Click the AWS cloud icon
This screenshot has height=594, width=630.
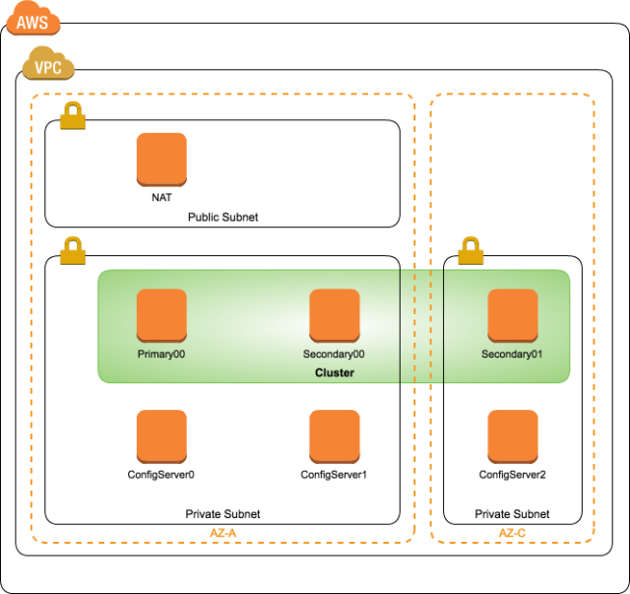pyautogui.click(x=32, y=20)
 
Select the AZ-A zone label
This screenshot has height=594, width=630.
pyautogui.click(x=223, y=533)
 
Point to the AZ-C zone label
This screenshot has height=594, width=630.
pyautogui.click(x=511, y=533)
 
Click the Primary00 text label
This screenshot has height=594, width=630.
pyautogui.click(x=161, y=354)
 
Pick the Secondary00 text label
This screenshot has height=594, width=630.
pyautogui.click(x=334, y=354)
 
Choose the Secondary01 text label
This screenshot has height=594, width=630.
pyautogui.click(x=512, y=354)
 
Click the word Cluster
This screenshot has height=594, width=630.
pyautogui.click(x=334, y=373)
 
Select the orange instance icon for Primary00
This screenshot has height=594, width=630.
pyautogui.click(x=161, y=315)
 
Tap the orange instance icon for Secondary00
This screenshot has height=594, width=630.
pyautogui.click(x=335, y=315)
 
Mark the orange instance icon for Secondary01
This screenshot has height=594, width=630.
pyautogui.click(x=513, y=315)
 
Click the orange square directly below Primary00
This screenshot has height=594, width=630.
pyautogui.click(x=161, y=436)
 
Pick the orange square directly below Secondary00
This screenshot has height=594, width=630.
pyautogui.click(x=335, y=436)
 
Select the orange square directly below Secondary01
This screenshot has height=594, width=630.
pyautogui.click(x=513, y=436)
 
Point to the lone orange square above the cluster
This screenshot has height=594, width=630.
pyautogui.click(x=161, y=159)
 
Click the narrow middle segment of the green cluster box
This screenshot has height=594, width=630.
pyautogui.click(x=421, y=326)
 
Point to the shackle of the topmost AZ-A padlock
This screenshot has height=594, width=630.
pyautogui.click(x=72, y=106)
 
